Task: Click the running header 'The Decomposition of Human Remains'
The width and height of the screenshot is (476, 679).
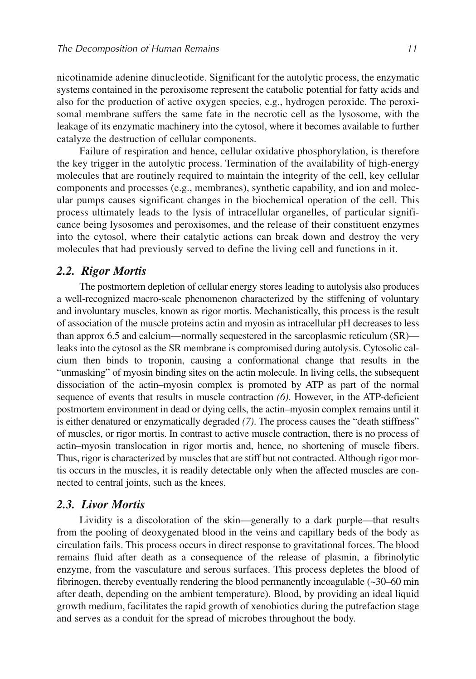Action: pyautogui.click(x=138, y=48)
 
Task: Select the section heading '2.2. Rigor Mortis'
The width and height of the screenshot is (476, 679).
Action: pyautogui.click(x=102, y=271)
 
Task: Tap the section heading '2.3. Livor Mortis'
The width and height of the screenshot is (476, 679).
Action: pyautogui.click(x=101, y=505)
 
